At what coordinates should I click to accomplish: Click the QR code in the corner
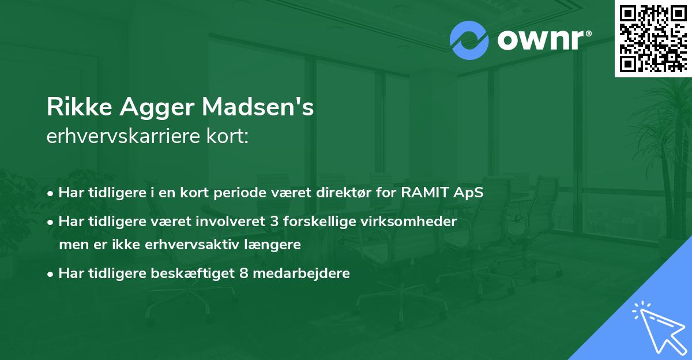pyautogui.click(x=653, y=39)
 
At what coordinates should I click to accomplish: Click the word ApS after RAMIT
pyautogui.click(x=469, y=193)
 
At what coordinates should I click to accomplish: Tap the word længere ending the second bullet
pyautogui.click(x=272, y=244)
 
